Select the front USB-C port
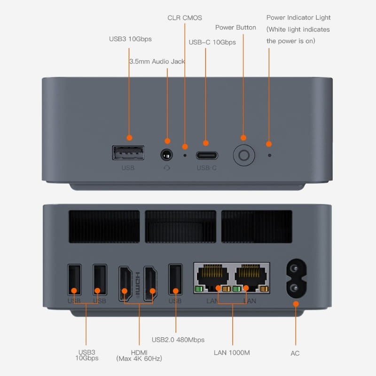point(206,155)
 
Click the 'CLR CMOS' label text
point(185,18)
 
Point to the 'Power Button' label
point(235,27)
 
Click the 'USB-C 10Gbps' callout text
point(212,42)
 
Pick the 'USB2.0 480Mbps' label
point(178,339)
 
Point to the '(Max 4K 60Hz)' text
point(139,359)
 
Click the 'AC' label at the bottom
point(295,353)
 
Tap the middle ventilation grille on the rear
point(180,227)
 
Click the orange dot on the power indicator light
point(269,143)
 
